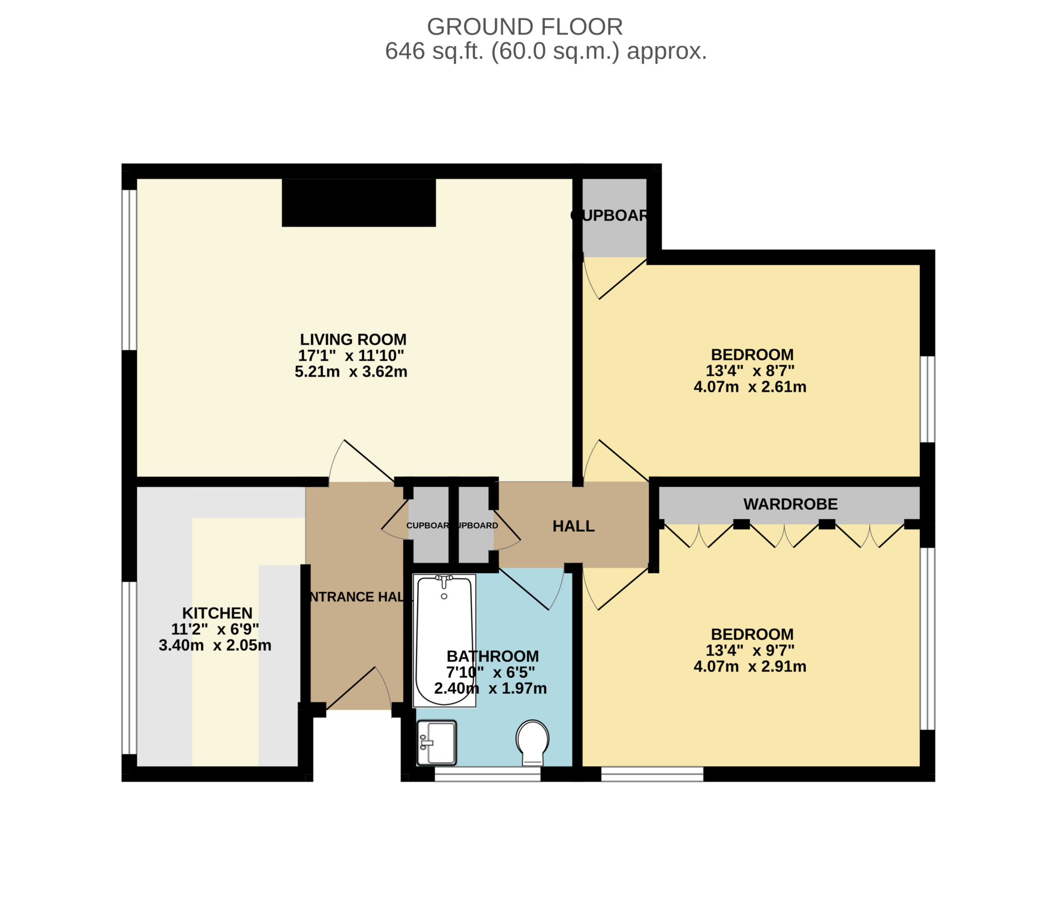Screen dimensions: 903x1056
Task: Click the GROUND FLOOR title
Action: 524,27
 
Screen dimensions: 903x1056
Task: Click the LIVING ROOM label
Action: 353,339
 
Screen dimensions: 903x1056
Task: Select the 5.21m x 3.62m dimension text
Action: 351,371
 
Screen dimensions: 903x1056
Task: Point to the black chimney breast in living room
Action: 358,202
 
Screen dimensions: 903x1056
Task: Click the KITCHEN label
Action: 217,613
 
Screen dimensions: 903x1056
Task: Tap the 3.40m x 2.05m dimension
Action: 214,645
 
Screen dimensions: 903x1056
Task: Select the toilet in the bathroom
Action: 533,742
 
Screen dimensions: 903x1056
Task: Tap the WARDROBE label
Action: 790,504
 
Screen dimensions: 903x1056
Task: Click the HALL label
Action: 573,526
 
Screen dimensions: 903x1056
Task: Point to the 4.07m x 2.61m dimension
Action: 750,387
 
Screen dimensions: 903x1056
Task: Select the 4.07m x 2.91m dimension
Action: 750,667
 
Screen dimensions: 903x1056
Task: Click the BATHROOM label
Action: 492,656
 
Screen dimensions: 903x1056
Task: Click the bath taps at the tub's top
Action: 443,581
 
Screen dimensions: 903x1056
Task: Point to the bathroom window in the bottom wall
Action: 487,774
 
